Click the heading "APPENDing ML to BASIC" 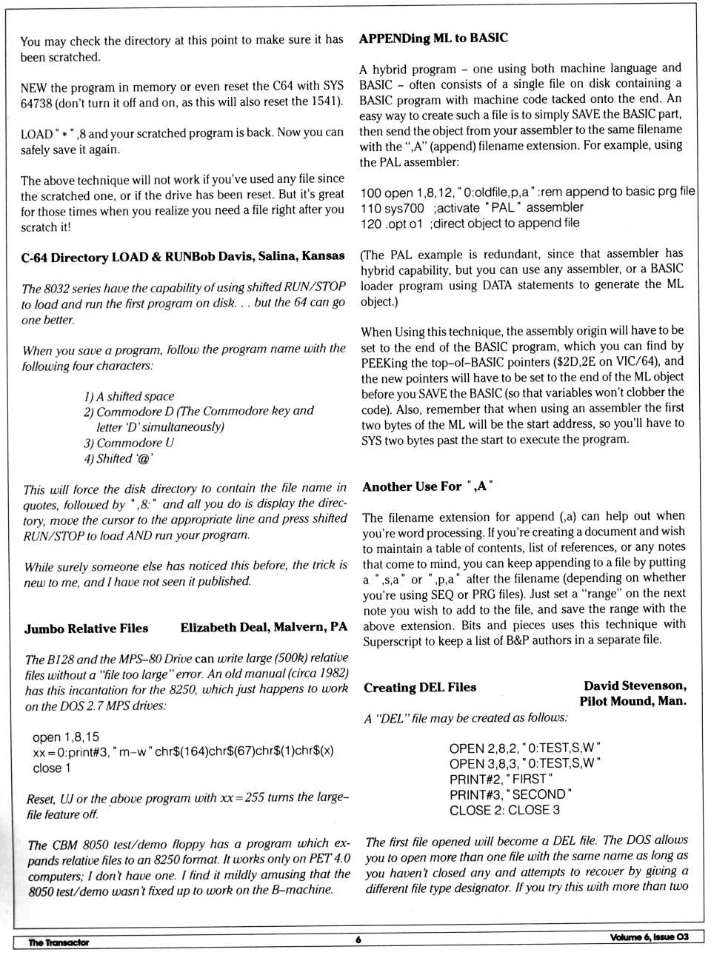pos(433,38)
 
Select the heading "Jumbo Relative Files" pos(86,628)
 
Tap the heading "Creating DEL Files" pos(420,687)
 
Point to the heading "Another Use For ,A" pos(427,486)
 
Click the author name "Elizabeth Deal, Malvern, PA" pos(264,627)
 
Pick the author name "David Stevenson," pos(635,686)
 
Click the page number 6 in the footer pos(358,939)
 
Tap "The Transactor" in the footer pos(59,942)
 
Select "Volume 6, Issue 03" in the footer pos(649,937)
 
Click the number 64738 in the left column pos(36,102)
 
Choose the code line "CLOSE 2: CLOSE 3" pos(504,810)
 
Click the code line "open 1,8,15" pos(66,737)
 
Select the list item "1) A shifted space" pos(129,396)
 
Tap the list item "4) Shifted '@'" pos(118,458)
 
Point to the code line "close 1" pos(52,768)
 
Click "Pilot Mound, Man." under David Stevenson pos(632,700)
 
